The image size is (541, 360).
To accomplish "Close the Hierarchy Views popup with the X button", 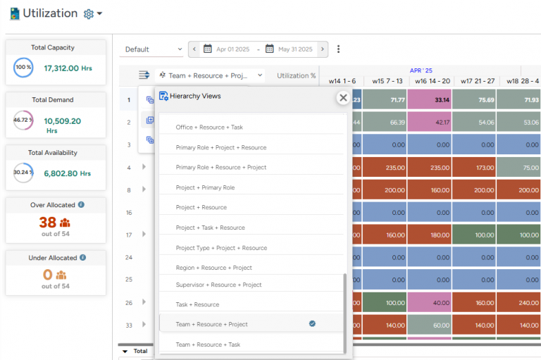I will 343,98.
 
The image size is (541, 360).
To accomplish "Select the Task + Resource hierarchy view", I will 197,304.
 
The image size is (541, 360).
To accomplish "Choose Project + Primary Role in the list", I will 205,187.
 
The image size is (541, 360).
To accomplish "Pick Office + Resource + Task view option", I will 209,128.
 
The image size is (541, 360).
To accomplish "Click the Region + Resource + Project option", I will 213,268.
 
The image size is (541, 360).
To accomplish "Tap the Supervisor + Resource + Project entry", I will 218,285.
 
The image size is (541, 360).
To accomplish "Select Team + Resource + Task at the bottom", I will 208,345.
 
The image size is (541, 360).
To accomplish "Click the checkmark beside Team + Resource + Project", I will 312,324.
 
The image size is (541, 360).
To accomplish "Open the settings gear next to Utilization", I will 89,14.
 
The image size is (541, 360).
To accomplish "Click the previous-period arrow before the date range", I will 194,49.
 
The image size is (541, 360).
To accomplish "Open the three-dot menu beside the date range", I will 339,49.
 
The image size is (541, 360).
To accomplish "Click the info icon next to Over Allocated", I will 82,205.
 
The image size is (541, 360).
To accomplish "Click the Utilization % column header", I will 297,75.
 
